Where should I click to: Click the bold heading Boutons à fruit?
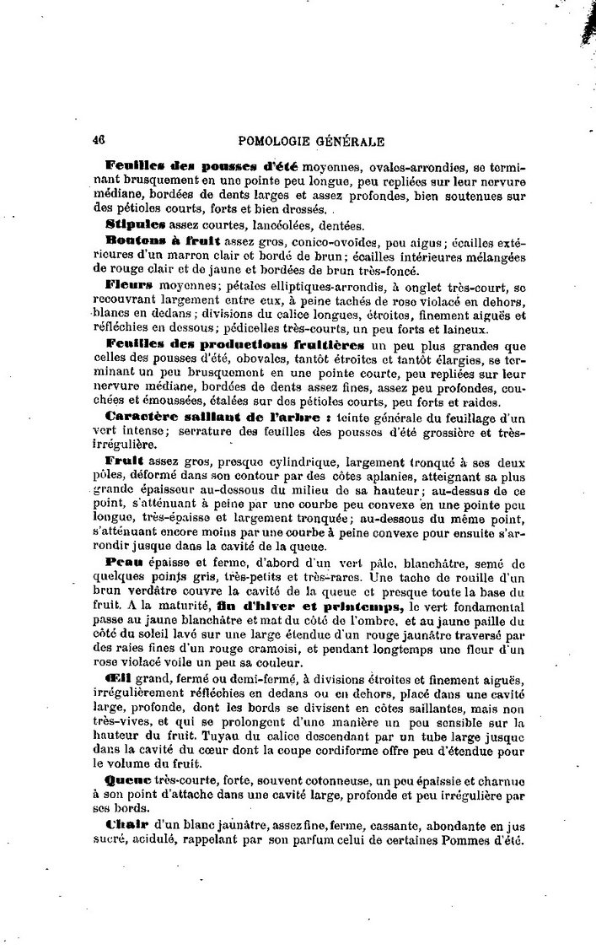click(153, 240)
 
